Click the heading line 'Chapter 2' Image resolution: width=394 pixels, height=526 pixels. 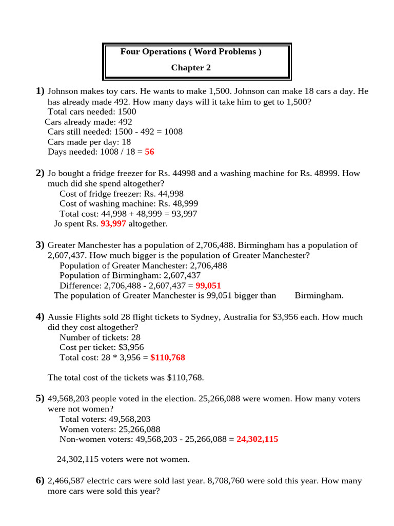pyautogui.click(x=191, y=68)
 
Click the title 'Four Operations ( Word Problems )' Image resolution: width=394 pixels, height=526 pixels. pyautogui.click(x=191, y=52)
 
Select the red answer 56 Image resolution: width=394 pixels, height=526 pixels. pyautogui.click(x=150, y=152)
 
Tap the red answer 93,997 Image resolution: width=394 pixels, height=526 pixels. pyautogui.click(x=113, y=224)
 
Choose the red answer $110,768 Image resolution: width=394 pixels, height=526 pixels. pyautogui.click(x=168, y=358)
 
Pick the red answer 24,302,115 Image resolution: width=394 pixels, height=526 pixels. pyautogui.click(x=258, y=440)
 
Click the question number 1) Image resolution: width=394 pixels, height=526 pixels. pyautogui.click(x=40, y=91)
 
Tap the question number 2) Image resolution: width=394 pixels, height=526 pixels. pyautogui.click(x=40, y=173)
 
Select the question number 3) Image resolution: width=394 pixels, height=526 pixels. pyautogui.click(x=40, y=245)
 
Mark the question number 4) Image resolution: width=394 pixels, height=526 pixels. pyautogui.click(x=40, y=317)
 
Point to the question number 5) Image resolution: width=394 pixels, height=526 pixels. pyautogui.click(x=40, y=399)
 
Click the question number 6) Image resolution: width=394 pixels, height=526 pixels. pyautogui.click(x=40, y=481)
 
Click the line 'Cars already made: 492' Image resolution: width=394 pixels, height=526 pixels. pyautogui.click(x=88, y=122)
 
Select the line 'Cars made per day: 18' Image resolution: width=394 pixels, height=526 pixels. pyautogui.click(x=89, y=142)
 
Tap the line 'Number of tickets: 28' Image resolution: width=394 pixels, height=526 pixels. pyautogui.click(x=100, y=337)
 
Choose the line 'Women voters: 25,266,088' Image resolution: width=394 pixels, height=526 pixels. pyautogui.click(x=110, y=429)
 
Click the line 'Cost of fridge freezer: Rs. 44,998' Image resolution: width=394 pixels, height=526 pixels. pyautogui.click(x=122, y=194)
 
